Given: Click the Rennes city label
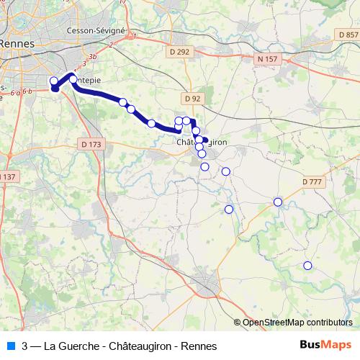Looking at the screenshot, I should point(14,43).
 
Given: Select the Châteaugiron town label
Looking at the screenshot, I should point(202,143).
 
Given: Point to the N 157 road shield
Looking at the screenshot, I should point(268,58).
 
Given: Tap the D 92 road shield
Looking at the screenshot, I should point(192,98).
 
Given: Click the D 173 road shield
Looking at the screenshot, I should point(92,145).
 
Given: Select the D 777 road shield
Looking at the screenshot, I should point(312,181).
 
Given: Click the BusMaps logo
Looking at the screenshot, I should point(326,345).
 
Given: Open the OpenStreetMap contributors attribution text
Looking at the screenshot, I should point(297,323).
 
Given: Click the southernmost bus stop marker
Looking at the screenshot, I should point(307,266).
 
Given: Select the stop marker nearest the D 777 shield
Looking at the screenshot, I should point(278,202).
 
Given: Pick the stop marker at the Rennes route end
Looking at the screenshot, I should point(54,81).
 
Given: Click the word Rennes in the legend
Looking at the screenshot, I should point(199,346).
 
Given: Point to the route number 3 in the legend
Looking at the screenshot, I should point(25,346).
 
